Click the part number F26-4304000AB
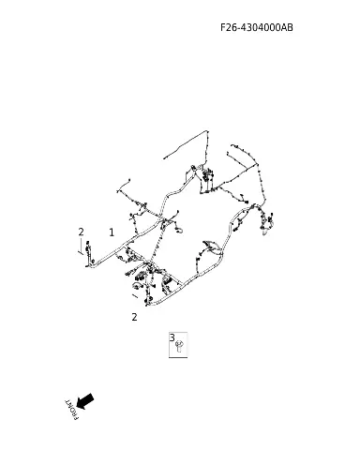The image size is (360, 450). [257, 27]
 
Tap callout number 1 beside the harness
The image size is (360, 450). [112, 232]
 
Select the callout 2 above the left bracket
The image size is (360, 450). [82, 232]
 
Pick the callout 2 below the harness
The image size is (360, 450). [134, 317]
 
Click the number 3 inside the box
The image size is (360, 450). [172, 337]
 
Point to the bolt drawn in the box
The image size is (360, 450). [179, 346]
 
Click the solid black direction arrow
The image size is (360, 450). [84, 401]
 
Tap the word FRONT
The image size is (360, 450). [71, 410]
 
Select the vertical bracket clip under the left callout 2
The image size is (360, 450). [88, 254]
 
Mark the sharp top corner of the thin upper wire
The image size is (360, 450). [206, 131]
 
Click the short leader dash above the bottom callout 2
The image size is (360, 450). [135, 295]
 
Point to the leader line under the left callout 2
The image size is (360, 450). [81, 247]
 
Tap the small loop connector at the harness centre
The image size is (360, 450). [179, 231]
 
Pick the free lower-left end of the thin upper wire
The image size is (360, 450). [164, 158]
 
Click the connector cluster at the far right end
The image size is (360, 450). [266, 222]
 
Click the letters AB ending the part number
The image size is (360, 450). [287, 27]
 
